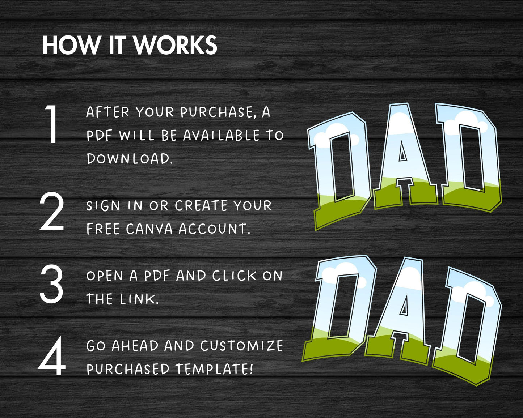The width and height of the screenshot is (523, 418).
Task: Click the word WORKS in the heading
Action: tap(176, 45)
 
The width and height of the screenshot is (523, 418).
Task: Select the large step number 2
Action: tap(51, 211)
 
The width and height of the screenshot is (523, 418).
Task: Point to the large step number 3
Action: tap(51, 284)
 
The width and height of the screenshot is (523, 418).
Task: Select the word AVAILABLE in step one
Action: tap(221, 135)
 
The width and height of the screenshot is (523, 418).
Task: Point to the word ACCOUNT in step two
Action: tap(215, 229)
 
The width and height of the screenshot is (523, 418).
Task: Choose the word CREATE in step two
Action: tap(201, 205)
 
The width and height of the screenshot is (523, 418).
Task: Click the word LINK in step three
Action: tap(139, 299)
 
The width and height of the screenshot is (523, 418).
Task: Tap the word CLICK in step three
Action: tap(234, 276)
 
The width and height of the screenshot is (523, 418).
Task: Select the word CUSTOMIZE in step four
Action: tap(242, 346)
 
